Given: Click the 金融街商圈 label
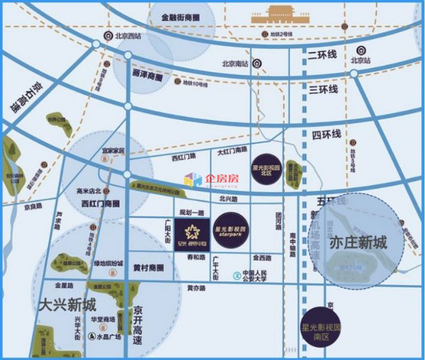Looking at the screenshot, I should tap(181, 18).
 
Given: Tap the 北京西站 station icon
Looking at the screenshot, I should tap(109, 36).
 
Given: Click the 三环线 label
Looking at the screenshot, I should tap(324, 89).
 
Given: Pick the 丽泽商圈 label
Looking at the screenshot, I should tap(147, 77).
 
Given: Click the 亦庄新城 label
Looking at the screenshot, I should tap(358, 242).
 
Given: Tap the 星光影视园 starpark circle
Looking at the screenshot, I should tap(230, 229).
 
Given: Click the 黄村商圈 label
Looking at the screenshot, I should tap(148, 268).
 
